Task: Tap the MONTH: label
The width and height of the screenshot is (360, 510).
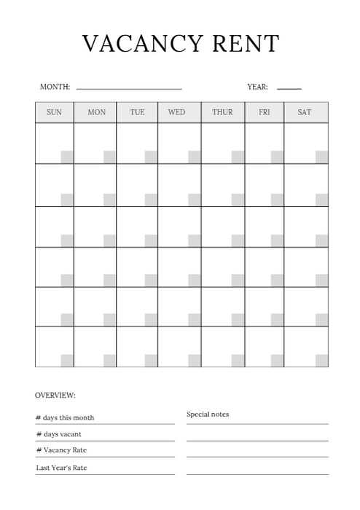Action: pyautogui.click(x=55, y=87)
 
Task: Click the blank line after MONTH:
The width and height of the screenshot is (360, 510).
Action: pyautogui.click(x=129, y=89)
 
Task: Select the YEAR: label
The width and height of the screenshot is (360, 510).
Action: pyautogui.click(x=257, y=87)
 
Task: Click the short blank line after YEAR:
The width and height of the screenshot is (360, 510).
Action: pyautogui.click(x=289, y=89)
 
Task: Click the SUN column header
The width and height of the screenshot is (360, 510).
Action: pyautogui.click(x=55, y=112)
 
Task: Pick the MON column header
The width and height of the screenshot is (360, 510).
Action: pyautogui.click(x=96, y=112)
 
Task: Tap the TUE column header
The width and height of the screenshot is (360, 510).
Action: pyautogui.click(x=137, y=112)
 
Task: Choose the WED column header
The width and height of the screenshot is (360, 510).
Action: pyautogui.click(x=176, y=112)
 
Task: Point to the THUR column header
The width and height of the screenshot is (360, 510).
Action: pyautogui.click(x=222, y=112)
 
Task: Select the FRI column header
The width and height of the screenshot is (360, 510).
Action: pyautogui.click(x=264, y=112)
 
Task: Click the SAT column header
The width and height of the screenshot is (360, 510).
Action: pyautogui.click(x=305, y=112)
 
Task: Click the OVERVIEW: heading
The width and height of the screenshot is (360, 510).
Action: pyautogui.click(x=55, y=396)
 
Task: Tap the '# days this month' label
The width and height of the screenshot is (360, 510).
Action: pyautogui.click(x=65, y=417)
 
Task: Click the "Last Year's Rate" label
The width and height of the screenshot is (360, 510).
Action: pyautogui.click(x=61, y=468)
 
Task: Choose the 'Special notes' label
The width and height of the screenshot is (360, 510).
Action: pyautogui.click(x=208, y=415)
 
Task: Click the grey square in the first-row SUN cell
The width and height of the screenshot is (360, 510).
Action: pyautogui.click(x=67, y=157)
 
